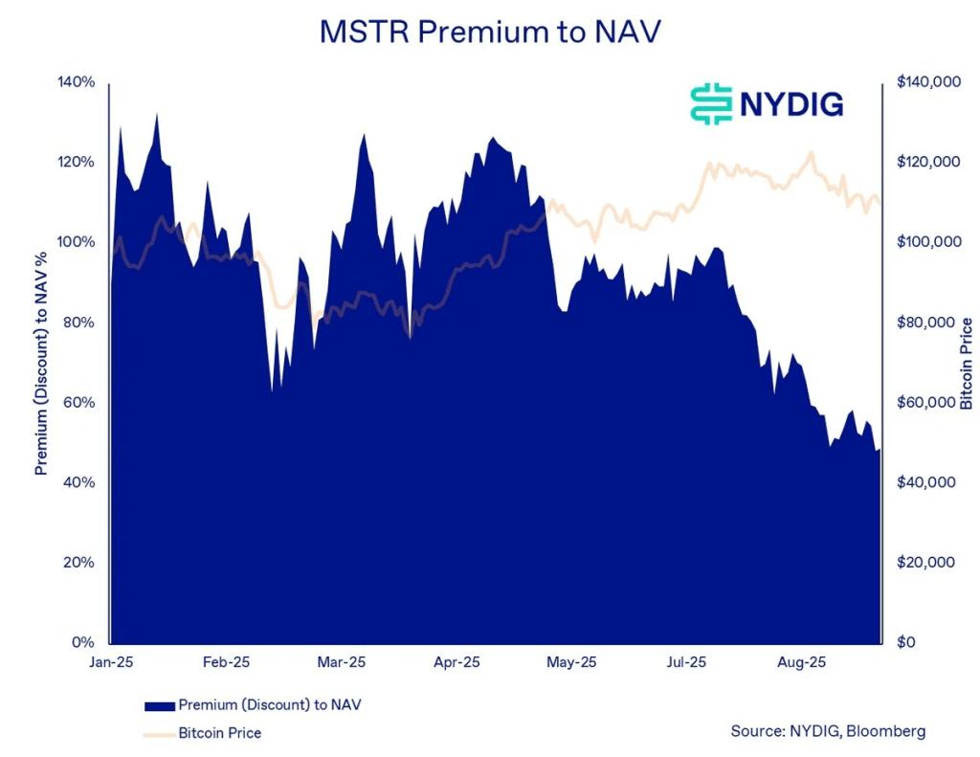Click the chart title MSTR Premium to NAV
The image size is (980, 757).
tap(489, 32)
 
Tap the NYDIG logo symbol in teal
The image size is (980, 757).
tap(710, 103)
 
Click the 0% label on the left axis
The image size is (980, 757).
tap(85, 642)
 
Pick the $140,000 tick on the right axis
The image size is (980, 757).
tap(929, 82)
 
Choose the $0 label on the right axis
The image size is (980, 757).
tap(907, 642)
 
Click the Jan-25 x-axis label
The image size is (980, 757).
tap(111, 662)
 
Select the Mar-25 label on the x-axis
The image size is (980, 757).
tap(342, 662)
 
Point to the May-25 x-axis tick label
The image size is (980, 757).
tap(572, 662)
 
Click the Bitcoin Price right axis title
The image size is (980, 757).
tap(967, 363)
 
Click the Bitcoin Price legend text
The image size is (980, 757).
tap(219, 733)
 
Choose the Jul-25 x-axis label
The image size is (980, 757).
tap(687, 662)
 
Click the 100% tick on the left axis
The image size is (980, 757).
tap(78, 242)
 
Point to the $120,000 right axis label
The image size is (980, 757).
tap(929, 162)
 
